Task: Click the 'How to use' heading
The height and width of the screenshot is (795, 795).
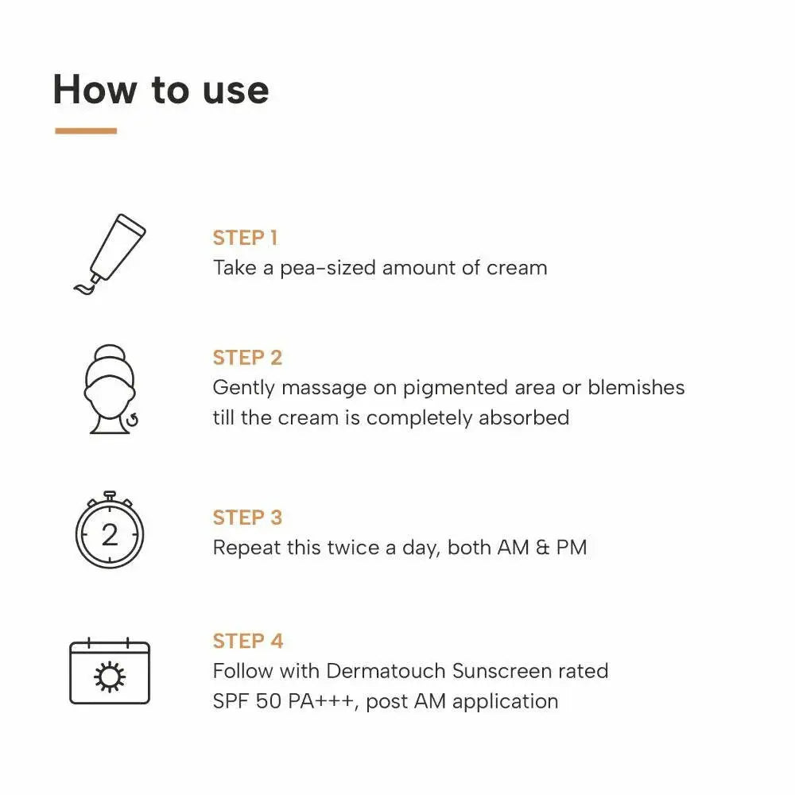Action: click(x=161, y=89)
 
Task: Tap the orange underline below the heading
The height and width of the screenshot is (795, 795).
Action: click(x=86, y=131)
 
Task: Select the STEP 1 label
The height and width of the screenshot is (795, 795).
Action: click(x=245, y=238)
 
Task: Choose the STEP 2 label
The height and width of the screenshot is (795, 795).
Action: click(x=247, y=358)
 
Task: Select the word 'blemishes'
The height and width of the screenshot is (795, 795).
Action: click(x=636, y=388)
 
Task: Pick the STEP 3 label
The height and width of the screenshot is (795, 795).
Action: click(x=247, y=518)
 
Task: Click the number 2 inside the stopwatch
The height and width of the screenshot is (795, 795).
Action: click(x=110, y=535)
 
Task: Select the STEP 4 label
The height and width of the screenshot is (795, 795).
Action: click(x=247, y=641)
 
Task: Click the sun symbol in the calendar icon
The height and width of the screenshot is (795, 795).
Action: click(x=109, y=677)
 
